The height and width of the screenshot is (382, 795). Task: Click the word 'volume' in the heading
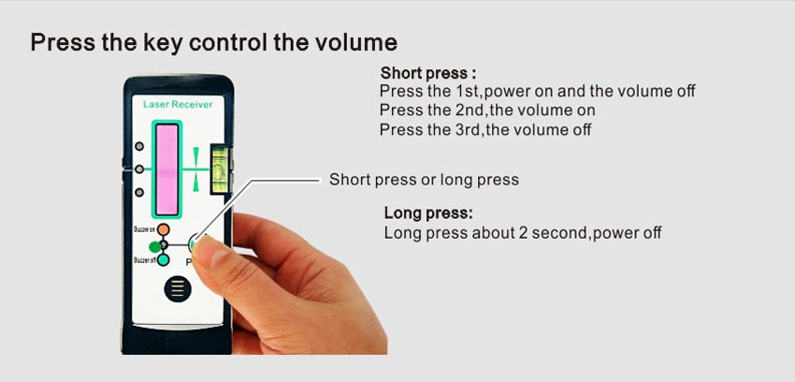pyautogui.click(x=356, y=43)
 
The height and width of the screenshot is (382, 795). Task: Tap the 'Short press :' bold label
pyautogui.click(x=428, y=73)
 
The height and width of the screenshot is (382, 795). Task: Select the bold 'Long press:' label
pyautogui.click(x=428, y=213)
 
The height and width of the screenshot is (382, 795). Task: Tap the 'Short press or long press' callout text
pyautogui.click(x=424, y=180)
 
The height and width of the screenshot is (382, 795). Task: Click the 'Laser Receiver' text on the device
pyautogui.click(x=178, y=105)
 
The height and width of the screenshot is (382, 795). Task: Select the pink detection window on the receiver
pyautogui.click(x=166, y=169)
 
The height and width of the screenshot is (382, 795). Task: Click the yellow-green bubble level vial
pyautogui.click(x=220, y=168)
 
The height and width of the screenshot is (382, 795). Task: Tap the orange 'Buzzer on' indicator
pyautogui.click(x=163, y=229)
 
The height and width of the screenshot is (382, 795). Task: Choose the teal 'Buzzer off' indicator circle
pyautogui.click(x=163, y=260)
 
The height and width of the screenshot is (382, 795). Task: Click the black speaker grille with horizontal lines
pyautogui.click(x=178, y=289)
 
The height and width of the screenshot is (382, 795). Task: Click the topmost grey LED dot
pyautogui.click(x=139, y=146)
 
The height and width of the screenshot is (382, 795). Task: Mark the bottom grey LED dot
pyautogui.click(x=139, y=192)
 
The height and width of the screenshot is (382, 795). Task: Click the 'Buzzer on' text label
pyautogui.click(x=144, y=229)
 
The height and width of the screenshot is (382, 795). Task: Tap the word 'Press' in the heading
pyautogui.click(x=63, y=43)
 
